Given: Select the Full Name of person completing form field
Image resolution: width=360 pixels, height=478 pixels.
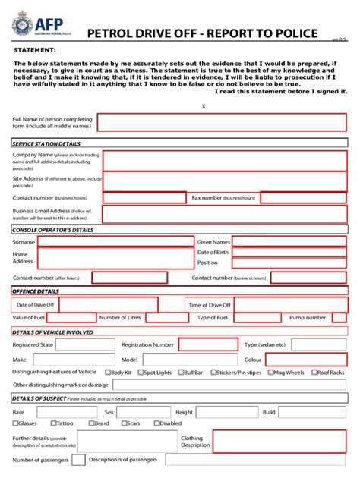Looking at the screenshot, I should [222, 123].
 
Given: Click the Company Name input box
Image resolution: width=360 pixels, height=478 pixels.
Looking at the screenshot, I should [225, 161].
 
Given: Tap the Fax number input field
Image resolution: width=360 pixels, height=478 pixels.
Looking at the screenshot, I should [304, 198].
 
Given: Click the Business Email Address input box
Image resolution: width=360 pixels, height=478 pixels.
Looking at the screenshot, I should [225, 215].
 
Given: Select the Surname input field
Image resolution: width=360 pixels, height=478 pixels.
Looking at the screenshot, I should [115, 241].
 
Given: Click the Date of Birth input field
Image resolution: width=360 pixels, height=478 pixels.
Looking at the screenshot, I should [289, 253].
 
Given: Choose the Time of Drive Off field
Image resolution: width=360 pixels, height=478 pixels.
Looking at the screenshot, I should [289, 305].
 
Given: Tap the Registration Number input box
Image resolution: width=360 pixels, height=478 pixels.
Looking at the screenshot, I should [207, 344].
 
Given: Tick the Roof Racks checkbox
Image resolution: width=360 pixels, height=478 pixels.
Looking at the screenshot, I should [314, 373].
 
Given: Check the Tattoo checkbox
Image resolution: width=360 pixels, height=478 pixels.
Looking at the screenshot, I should [55, 423].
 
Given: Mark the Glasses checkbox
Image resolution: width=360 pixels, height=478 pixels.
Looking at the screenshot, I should [16, 423].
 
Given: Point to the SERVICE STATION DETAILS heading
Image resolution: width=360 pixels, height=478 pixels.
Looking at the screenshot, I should [46, 144].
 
